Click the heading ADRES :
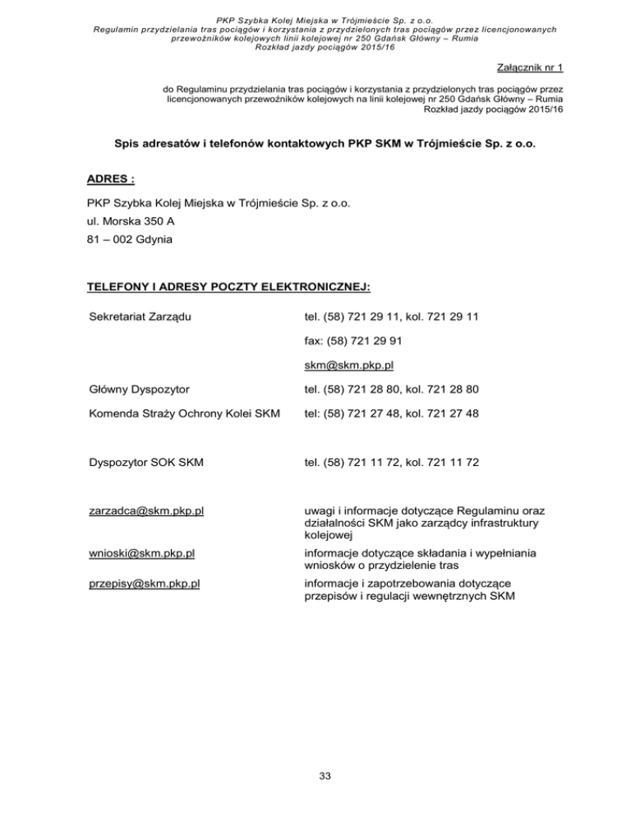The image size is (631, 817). tap(111, 178)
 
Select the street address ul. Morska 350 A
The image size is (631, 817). tap(131, 221)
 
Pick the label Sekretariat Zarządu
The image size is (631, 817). tap(139, 316)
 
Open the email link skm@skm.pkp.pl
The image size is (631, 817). tap(352, 365)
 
